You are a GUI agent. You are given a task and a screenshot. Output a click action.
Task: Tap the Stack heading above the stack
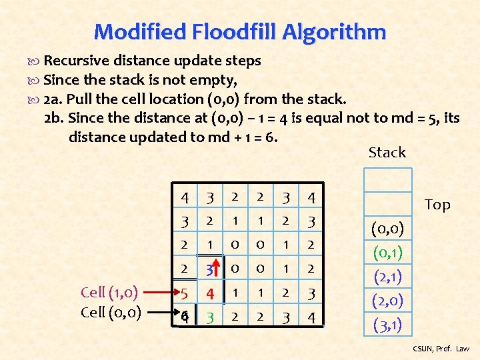pos(387,153)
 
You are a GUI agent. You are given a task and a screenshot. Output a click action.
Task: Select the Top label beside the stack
pos(437,205)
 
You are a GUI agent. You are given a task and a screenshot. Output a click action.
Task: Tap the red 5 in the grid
pos(184,293)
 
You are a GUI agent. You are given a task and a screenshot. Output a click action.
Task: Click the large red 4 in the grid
pos(209,293)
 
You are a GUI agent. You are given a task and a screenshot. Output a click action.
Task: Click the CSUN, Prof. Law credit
pos(441,349)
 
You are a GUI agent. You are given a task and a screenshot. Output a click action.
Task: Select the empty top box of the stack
pos(387,181)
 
